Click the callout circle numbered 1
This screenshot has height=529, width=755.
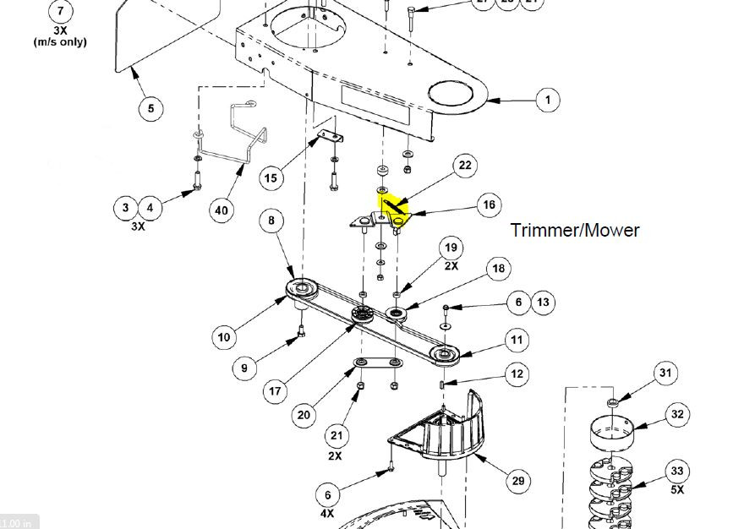(x=548, y=100)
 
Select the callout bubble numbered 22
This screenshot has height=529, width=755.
(x=464, y=165)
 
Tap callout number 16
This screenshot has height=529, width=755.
(x=489, y=205)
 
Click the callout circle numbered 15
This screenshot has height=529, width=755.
(x=270, y=178)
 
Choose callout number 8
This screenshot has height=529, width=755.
(x=271, y=222)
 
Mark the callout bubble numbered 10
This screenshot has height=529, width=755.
(x=223, y=337)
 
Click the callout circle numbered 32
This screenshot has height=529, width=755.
(x=677, y=414)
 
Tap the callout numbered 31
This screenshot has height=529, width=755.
(x=665, y=372)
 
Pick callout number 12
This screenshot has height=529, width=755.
(x=517, y=374)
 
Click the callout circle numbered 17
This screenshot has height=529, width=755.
(x=276, y=392)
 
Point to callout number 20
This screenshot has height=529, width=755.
(x=304, y=415)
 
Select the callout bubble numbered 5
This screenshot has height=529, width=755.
(x=150, y=108)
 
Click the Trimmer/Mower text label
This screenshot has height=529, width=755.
(x=575, y=230)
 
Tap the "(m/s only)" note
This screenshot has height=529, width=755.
(x=59, y=41)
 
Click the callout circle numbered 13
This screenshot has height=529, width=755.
(x=543, y=302)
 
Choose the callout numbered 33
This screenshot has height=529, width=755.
(x=676, y=472)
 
